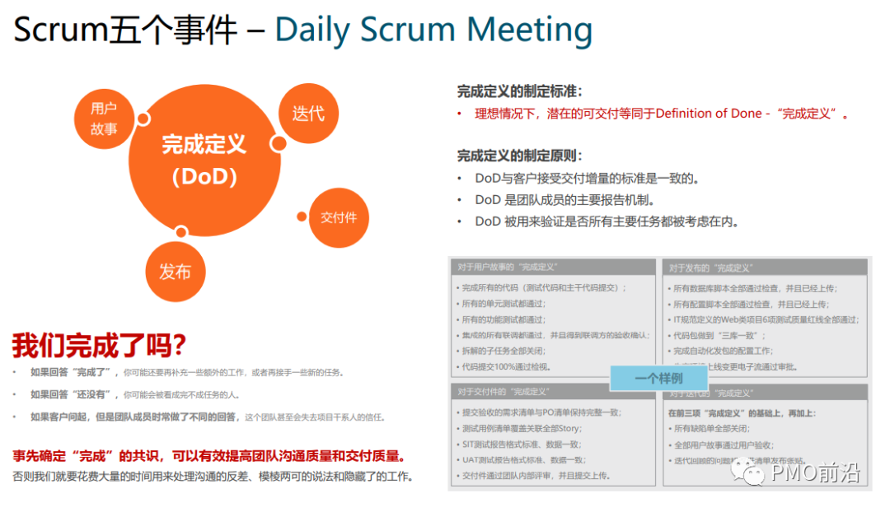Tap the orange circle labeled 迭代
point(308,112)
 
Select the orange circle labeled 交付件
point(339,217)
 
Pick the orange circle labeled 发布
point(175,272)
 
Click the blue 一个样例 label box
point(658,378)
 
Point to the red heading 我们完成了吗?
point(99,344)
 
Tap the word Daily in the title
point(314,30)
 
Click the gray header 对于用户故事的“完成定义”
point(508,267)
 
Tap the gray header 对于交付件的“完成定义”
point(503,391)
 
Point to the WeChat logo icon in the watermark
point(751,472)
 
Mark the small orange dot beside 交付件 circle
point(302,216)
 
